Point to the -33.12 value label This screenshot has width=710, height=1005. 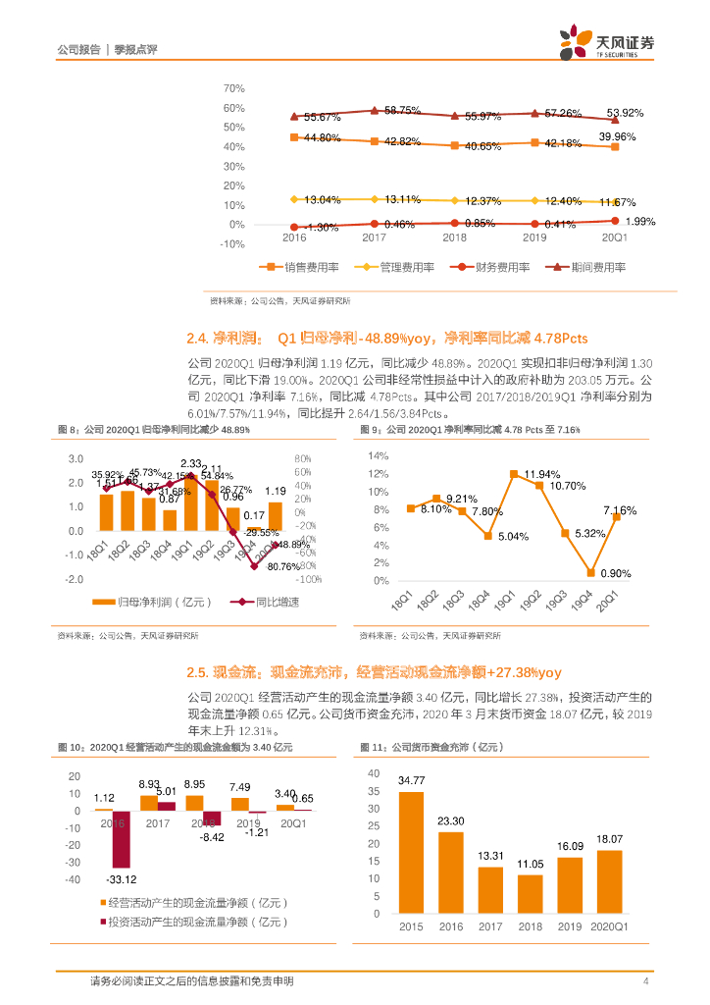(x=120, y=878)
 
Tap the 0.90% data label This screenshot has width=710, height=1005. (x=616, y=573)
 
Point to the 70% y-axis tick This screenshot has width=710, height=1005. (x=233, y=88)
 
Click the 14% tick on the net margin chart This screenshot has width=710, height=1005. (x=379, y=456)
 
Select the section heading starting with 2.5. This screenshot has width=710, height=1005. (x=374, y=672)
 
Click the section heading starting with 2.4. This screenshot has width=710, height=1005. (x=386, y=339)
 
